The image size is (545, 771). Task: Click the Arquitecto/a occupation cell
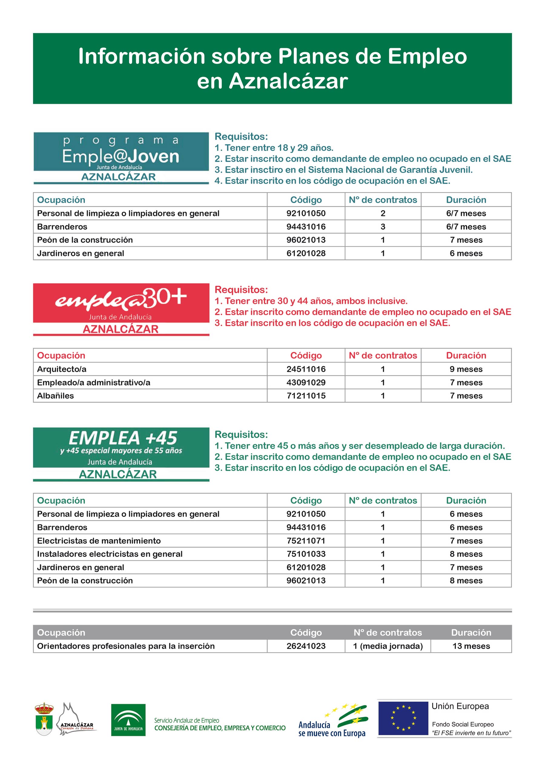(x=62, y=369)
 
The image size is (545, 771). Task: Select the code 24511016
(x=306, y=369)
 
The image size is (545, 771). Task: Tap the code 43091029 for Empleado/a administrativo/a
(x=306, y=383)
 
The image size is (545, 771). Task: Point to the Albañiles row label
(x=55, y=396)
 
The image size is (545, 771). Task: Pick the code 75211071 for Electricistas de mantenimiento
(x=306, y=541)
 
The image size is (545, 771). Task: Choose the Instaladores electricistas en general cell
(x=110, y=554)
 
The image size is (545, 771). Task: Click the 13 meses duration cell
(x=471, y=646)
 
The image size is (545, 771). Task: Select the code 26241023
(x=306, y=646)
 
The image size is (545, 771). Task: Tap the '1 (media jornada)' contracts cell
(x=388, y=646)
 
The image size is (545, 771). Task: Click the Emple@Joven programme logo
(x=121, y=158)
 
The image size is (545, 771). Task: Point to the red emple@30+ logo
(x=121, y=309)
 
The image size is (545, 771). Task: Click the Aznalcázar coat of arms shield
(x=44, y=719)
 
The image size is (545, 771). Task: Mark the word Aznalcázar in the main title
(x=289, y=81)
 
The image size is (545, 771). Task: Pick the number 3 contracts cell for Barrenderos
(x=383, y=227)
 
